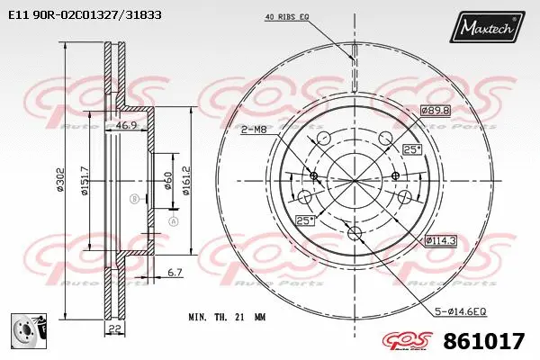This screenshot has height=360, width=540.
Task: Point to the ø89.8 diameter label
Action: tap(435, 110)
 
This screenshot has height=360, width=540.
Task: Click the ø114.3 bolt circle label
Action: tap(440, 239)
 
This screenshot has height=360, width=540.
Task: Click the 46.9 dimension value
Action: tap(130, 126)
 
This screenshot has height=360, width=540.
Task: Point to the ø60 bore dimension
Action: tap(167, 181)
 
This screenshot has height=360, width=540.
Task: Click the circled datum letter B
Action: tap(134, 198)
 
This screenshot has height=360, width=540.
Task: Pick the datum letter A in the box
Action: tap(174, 220)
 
